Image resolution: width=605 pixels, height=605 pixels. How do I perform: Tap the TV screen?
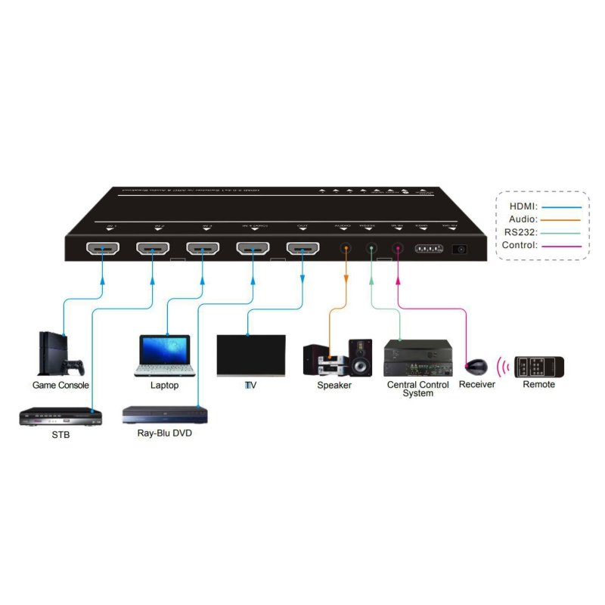click(x=251, y=354)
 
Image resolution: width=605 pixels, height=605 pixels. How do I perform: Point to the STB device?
click(x=59, y=416)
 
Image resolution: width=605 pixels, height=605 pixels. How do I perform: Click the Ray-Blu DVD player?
click(x=165, y=415)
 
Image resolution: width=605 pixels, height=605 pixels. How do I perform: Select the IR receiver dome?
click(x=476, y=368)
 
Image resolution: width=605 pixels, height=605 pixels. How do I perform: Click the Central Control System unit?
click(x=417, y=358)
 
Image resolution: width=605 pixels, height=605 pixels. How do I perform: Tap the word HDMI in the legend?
click(x=522, y=206)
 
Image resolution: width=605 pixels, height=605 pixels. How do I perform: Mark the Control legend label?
click(x=520, y=246)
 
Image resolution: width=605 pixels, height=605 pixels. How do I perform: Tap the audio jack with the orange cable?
click(x=346, y=248)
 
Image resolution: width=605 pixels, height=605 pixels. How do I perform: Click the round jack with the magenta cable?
click(x=398, y=248)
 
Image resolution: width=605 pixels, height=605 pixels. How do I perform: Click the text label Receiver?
click(x=476, y=385)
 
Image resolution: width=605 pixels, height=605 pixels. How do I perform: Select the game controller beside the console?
click(x=73, y=368)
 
